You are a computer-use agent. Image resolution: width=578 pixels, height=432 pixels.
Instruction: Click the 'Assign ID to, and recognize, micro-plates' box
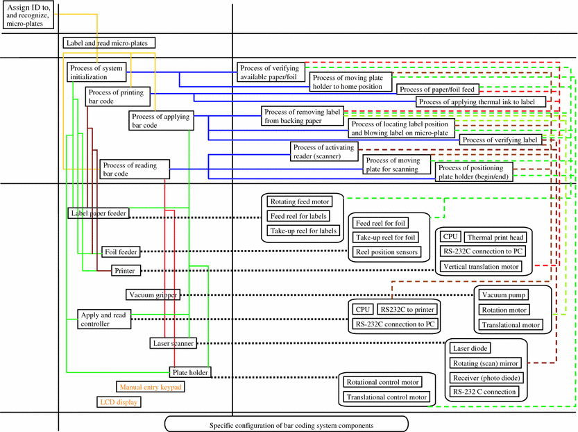click(25, 15)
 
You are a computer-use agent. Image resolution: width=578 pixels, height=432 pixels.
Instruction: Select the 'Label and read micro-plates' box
click(109, 43)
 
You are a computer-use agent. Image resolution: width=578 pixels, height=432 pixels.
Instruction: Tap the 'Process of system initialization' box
click(97, 72)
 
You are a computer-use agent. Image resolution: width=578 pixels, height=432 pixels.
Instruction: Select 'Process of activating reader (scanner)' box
click(324, 152)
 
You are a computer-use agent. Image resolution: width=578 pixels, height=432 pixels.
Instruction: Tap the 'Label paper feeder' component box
click(98, 213)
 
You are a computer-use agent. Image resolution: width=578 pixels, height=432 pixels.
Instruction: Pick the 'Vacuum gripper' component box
click(152, 294)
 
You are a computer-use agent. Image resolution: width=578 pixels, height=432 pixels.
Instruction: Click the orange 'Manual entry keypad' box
click(151, 387)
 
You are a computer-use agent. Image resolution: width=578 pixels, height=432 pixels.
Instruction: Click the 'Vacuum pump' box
click(500, 295)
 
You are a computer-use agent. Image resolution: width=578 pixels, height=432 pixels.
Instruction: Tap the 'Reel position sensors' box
click(386, 251)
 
